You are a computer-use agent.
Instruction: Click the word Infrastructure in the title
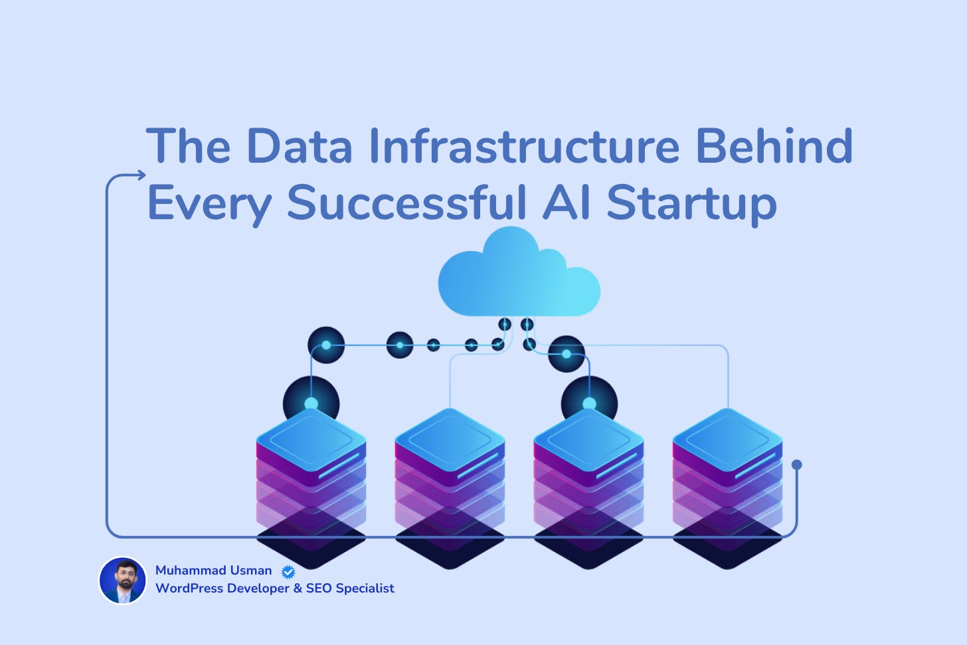pyautogui.click(x=524, y=145)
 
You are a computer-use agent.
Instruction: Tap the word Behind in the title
pyautogui.click(x=774, y=145)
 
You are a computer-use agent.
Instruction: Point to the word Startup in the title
pyautogui.click(x=691, y=203)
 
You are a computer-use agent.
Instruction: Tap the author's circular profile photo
pyautogui.click(x=123, y=581)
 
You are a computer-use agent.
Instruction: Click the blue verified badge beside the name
pyautogui.click(x=288, y=571)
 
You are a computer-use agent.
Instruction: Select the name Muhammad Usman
pyautogui.click(x=213, y=571)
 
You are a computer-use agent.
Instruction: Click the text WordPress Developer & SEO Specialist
pyautogui.click(x=274, y=589)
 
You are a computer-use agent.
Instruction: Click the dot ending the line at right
pyautogui.click(x=797, y=465)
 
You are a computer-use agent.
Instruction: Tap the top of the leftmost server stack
pyautogui.click(x=311, y=439)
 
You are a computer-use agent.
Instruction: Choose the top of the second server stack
pyautogui.click(x=450, y=439)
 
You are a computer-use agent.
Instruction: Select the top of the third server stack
pyautogui.click(x=588, y=439)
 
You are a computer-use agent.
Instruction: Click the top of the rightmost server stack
pyautogui.click(x=727, y=439)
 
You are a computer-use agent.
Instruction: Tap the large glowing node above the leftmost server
pyautogui.click(x=311, y=403)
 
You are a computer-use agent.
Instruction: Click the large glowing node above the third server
pyautogui.click(x=589, y=403)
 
